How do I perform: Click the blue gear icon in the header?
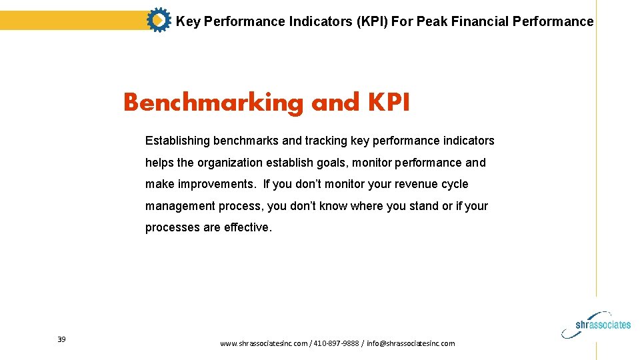[158, 21]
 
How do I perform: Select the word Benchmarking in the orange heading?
[213, 103]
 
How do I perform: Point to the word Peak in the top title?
[432, 21]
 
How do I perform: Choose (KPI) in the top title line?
[372, 21]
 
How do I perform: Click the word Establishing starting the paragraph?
[177, 141]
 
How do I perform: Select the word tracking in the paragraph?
[325, 141]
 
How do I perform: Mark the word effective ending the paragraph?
[247, 227]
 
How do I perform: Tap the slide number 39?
[61, 340]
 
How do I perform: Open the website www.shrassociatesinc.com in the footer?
[263, 343]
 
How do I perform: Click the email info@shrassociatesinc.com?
[411, 343]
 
